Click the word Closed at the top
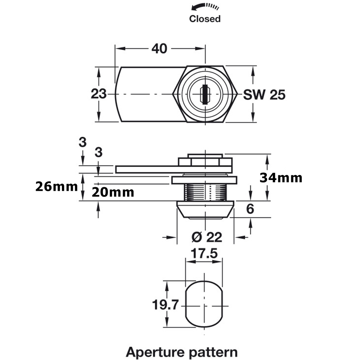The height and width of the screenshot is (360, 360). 204,19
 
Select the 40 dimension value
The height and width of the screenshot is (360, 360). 159,48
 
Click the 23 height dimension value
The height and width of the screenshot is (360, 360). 98,94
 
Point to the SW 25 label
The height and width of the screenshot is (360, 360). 264,95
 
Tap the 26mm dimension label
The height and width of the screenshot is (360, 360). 57,186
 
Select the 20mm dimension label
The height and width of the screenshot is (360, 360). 113,192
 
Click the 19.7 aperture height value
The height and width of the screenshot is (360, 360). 165,305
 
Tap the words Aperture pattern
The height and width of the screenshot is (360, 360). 181,351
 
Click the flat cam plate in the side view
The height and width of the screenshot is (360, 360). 151,169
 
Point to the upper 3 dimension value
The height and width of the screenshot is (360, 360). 83,143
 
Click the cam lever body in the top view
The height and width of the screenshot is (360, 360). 144,94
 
